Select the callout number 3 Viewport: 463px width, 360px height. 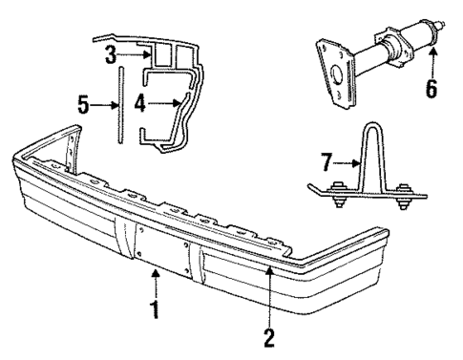click(x=111, y=52)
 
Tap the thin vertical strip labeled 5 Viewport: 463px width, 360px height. click(x=120, y=105)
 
